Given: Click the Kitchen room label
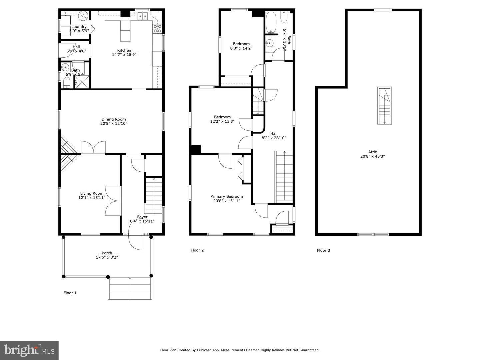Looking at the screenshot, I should click(x=124, y=50).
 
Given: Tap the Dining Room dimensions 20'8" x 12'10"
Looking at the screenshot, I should click(x=114, y=124).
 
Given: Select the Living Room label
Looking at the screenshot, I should click(x=92, y=193).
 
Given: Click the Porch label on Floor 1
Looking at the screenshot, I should click(x=107, y=253).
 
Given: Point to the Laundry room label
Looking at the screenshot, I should click(x=79, y=27).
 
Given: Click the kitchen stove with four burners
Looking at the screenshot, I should click(x=157, y=29).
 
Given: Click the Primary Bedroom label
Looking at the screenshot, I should click(x=227, y=196).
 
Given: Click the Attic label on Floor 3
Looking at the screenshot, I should click(x=373, y=152).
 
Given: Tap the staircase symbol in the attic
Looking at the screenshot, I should click(x=385, y=106).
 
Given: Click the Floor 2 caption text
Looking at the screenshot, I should click(x=197, y=250).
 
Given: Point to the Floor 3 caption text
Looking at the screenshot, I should click(x=323, y=250).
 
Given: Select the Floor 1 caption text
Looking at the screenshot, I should click(x=70, y=293).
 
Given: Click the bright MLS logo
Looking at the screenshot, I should click(x=29, y=350).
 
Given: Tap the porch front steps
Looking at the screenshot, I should click(x=130, y=288).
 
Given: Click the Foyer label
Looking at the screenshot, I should click(x=142, y=217).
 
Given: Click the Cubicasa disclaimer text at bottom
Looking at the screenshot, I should click(x=240, y=350).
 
